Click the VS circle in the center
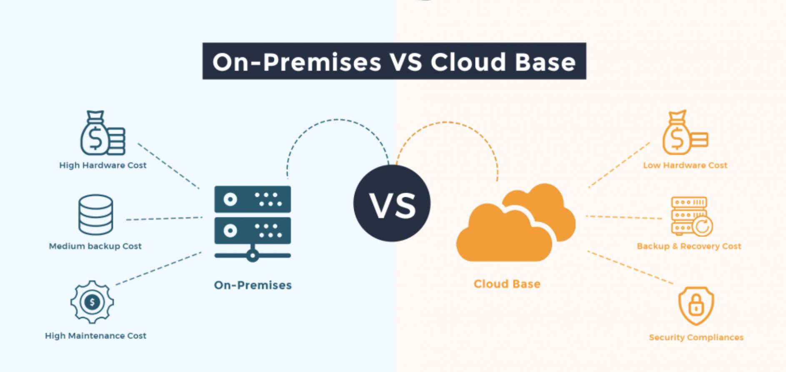tap(392, 203)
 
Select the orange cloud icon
tap(516, 223)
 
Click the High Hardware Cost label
tap(103, 165)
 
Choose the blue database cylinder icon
tap(95, 215)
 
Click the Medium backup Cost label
tap(95, 246)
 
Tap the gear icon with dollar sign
tap(92, 302)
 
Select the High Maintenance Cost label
tap(95, 336)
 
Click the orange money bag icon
tap(685, 133)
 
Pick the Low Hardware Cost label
tap(685, 165)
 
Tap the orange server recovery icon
tap(692, 216)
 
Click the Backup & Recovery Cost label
tap(689, 246)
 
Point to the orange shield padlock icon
tap(696, 306)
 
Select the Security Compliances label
tap(696, 337)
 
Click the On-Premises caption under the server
tap(253, 285)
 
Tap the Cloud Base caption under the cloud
tap(507, 284)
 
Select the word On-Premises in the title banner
tap(297, 62)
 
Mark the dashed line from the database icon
tap(164, 218)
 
